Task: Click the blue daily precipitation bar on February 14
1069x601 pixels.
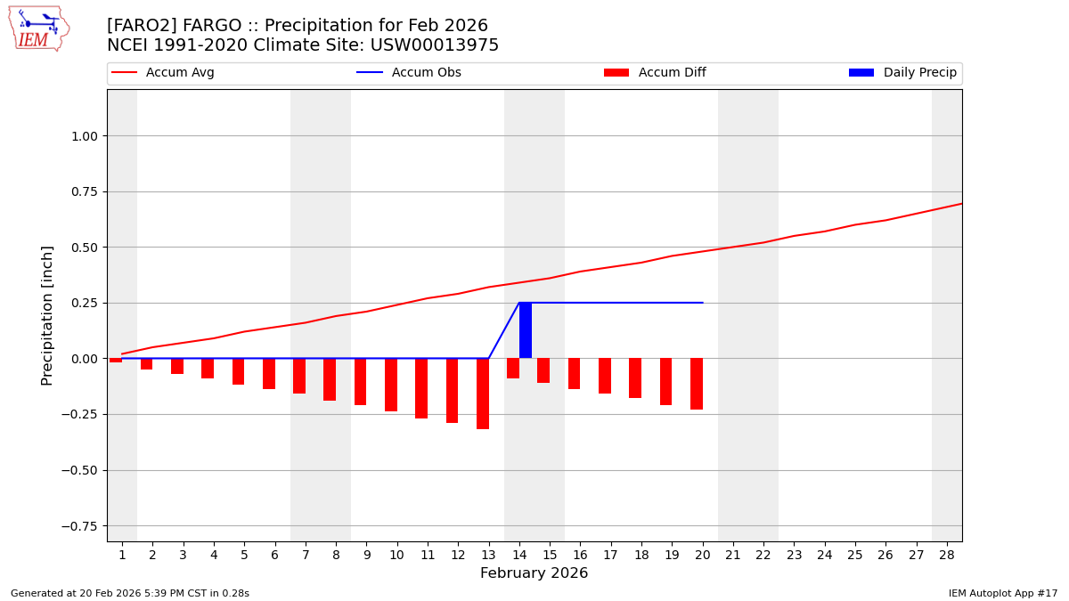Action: (526, 330)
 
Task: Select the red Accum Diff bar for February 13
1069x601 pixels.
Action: (483, 394)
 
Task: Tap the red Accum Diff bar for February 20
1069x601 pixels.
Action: (697, 384)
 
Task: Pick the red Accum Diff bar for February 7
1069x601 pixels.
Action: (299, 376)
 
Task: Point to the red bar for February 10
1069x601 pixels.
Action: (391, 385)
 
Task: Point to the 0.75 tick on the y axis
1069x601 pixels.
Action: (83, 191)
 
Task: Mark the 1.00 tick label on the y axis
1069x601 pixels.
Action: (83, 136)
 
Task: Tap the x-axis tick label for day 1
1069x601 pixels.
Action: (122, 556)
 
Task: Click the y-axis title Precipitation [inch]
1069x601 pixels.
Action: (47, 315)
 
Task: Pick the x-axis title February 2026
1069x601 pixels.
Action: (534, 573)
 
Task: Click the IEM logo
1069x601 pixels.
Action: (38, 28)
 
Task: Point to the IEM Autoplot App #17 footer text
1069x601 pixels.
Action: (1003, 593)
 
